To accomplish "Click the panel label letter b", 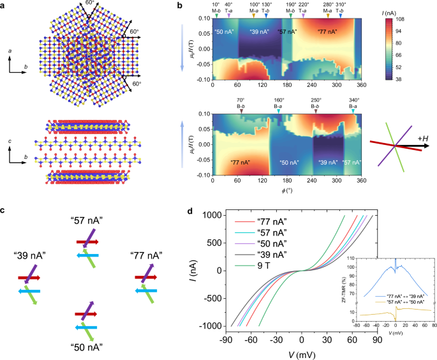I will point(180,4).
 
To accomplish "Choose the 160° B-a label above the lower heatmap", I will point(279,103).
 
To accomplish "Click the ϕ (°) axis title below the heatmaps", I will point(286,191).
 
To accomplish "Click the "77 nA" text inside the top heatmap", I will point(329,31).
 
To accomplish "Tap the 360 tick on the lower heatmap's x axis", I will point(360,181).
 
